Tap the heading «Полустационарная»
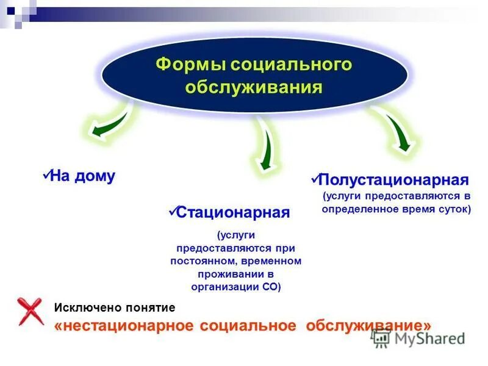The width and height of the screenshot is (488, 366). click(x=394, y=180)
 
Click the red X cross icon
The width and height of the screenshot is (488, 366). click(x=29, y=311)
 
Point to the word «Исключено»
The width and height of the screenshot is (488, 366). click(x=85, y=308)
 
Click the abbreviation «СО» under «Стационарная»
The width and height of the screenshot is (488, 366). click(x=267, y=287)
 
